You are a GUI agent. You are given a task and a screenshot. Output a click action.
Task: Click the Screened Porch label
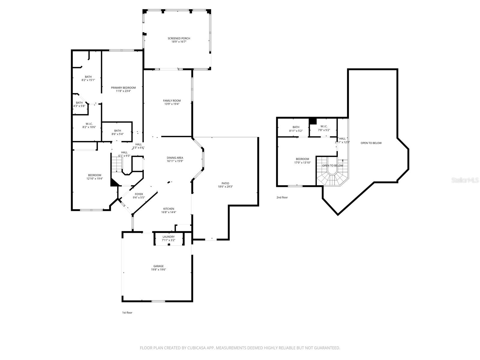tap(179, 38)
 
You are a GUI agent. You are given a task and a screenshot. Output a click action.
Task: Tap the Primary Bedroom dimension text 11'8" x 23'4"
tap(123, 91)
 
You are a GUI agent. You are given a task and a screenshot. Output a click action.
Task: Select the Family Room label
tap(172, 100)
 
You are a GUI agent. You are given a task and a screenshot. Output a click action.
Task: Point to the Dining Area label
tap(175, 158)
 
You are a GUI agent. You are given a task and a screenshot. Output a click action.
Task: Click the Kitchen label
tap(169, 209)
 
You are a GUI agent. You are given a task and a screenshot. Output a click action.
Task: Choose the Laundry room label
tap(168, 237)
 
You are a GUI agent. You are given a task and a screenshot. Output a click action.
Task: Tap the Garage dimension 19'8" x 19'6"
tap(158, 270)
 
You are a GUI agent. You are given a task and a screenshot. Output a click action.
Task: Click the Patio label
tap(225, 183)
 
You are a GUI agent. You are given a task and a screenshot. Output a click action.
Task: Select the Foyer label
tap(139, 194)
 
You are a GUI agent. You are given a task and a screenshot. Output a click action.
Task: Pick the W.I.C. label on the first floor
tap(89, 124)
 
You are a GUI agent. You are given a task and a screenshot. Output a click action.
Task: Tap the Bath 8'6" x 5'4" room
tap(117, 132)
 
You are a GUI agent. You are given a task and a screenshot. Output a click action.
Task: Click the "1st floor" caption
tap(127, 313)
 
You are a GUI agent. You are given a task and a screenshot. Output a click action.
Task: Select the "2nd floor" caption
tap(282, 197)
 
